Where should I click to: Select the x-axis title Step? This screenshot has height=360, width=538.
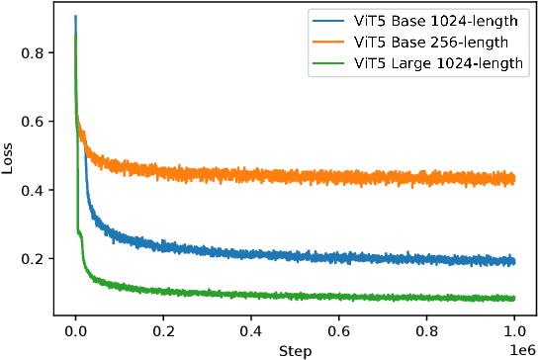point(295,350)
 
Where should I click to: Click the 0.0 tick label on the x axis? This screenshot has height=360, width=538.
point(75,332)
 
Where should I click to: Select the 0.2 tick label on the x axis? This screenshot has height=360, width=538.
point(163,332)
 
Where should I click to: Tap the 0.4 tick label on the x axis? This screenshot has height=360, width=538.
point(251,332)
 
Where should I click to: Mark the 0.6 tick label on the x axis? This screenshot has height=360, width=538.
point(339,332)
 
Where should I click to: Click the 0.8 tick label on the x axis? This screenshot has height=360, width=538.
point(427,332)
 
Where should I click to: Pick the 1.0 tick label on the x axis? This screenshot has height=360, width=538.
point(515,332)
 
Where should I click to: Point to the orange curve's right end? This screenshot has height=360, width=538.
point(515,179)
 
